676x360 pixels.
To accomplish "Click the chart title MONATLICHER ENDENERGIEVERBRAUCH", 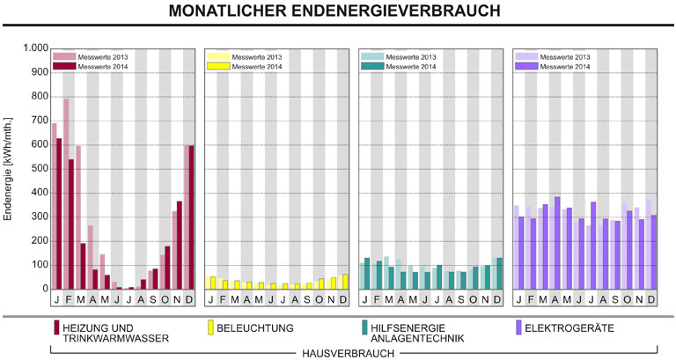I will point(337,12).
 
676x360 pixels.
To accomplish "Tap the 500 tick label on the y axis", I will point(33,168).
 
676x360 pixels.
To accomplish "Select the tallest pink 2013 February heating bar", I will point(66,194).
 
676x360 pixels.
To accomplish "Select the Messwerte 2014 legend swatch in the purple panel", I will point(525,66).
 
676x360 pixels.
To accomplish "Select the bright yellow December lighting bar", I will point(344,282).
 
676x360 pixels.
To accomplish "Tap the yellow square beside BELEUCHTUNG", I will point(209,327).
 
